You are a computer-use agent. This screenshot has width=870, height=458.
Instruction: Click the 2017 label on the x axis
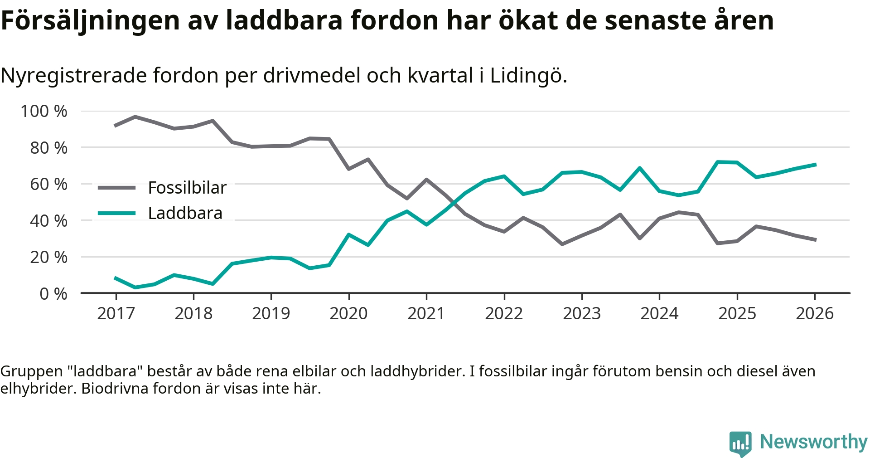[x=116, y=313]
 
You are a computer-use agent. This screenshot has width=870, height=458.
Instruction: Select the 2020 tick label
[x=348, y=313]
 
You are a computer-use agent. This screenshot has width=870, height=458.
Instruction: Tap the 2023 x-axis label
[x=581, y=313]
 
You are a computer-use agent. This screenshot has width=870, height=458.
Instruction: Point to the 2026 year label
[x=814, y=313]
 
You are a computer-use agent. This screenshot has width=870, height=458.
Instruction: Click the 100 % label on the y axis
[x=44, y=111]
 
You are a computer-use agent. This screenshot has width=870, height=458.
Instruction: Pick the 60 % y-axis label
[x=48, y=184]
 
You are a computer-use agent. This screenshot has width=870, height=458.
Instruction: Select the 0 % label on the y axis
[x=53, y=294]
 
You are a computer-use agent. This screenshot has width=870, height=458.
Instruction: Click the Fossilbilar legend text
[x=187, y=188]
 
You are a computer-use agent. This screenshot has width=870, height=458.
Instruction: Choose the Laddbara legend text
[x=185, y=213]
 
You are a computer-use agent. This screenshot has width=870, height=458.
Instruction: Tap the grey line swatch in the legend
[x=116, y=188]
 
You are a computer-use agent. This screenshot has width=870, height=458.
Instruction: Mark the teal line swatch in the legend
[x=116, y=213]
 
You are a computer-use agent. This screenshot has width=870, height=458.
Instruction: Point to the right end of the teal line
[x=815, y=165]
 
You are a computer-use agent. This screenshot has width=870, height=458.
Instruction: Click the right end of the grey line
[x=815, y=240]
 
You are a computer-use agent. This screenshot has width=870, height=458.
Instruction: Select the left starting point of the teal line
[x=116, y=278]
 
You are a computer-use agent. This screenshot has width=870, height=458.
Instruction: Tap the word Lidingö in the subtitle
[x=528, y=75]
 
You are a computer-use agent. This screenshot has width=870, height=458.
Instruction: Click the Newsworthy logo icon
[x=740, y=443]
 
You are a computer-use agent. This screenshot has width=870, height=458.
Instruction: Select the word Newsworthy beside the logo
[x=813, y=442]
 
